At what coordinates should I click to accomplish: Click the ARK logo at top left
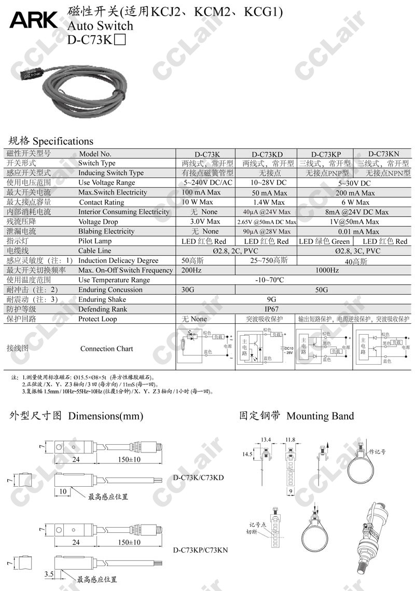coord(33,20)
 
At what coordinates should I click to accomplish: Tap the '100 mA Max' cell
coord(201,193)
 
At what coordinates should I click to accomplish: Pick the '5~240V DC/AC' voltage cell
coord(207,183)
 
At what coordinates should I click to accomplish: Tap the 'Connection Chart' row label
coord(106,349)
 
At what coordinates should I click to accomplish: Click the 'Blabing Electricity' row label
coord(106,231)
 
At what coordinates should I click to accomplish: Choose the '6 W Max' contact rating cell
coord(355,202)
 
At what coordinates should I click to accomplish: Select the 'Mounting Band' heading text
coord(320,416)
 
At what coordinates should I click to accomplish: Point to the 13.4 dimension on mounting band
coord(266,440)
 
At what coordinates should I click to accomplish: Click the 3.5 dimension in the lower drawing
coord(50,574)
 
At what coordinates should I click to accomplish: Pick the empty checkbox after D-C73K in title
coord(119,40)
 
